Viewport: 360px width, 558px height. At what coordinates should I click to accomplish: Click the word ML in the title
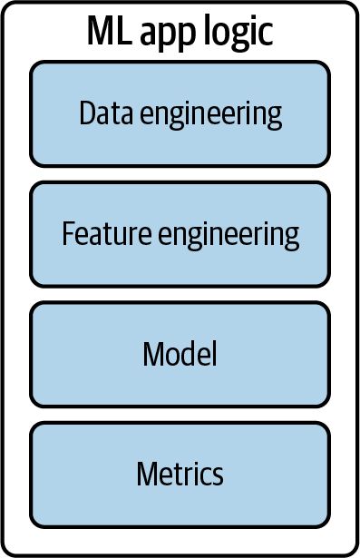coord(107,33)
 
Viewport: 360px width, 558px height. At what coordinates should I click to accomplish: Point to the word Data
coord(102,113)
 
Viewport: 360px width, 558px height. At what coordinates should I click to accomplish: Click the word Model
coord(180,354)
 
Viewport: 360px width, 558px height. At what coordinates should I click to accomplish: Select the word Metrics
coord(180,474)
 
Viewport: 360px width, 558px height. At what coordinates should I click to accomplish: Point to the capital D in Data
coord(86,113)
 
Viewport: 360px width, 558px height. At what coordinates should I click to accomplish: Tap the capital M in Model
coord(152,354)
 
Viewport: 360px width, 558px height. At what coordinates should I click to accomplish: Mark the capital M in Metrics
coord(147,474)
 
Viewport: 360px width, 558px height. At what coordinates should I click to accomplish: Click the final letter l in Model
coord(214,353)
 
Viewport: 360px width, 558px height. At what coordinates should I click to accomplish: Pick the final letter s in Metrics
coord(218,475)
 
